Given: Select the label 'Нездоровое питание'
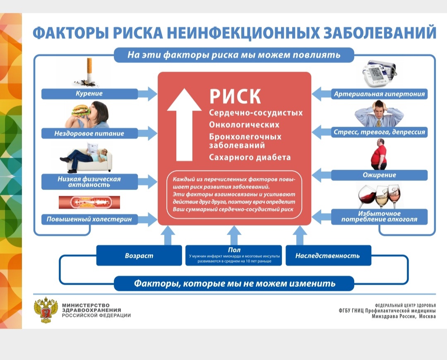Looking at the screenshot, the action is click(x=89, y=133).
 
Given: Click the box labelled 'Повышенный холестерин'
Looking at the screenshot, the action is click(x=89, y=219).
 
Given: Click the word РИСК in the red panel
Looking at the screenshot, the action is click(x=235, y=96).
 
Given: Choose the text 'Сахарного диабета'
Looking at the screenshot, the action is click(x=250, y=157).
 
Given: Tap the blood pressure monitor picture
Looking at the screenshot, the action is click(x=379, y=73).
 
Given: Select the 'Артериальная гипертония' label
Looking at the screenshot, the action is click(x=380, y=94).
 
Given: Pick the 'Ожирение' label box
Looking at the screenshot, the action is click(x=379, y=175).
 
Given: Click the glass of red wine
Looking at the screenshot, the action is click(x=367, y=197).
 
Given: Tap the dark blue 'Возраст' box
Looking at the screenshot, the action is click(x=139, y=255).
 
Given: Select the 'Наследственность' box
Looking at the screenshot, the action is click(x=328, y=255).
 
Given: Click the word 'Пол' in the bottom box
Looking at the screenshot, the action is click(x=234, y=250).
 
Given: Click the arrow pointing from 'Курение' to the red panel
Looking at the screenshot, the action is click(x=147, y=94).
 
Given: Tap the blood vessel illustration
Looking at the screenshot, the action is click(x=89, y=202).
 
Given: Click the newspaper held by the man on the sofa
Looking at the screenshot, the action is click(x=93, y=149).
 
